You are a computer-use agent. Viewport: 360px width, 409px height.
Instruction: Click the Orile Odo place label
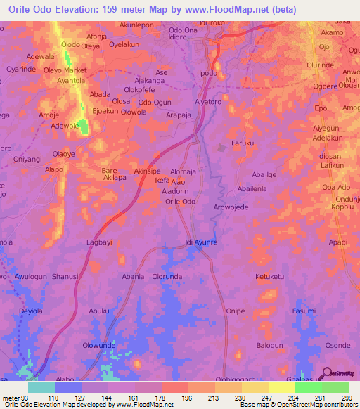(180, 202)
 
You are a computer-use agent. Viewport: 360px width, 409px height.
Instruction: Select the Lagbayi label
(99, 241)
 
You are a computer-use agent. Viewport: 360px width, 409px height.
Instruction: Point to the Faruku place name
(242, 143)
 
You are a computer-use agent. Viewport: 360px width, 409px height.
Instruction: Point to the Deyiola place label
(31, 310)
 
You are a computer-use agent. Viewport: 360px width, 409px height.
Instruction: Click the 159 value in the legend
(135, 398)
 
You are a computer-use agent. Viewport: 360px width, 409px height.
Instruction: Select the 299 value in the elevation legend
(348, 398)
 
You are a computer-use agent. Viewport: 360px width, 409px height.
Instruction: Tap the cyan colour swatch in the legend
(41, 387)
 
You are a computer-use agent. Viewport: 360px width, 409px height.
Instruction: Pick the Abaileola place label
(252, 189)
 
